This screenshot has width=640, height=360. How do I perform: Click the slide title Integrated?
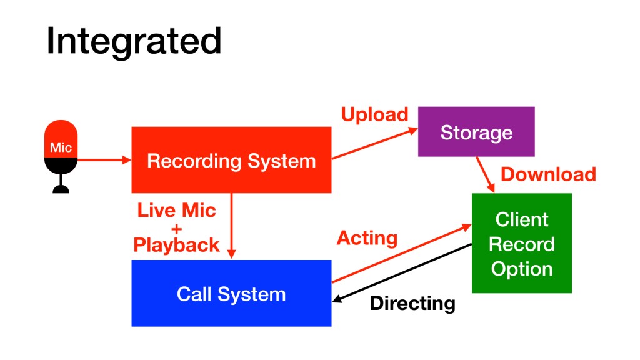[134, 41]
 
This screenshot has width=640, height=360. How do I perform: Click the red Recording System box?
[231, 160]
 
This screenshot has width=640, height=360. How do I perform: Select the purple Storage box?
[476, 132]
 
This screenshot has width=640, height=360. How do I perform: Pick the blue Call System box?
[231, 293]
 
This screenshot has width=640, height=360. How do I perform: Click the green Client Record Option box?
[521, 243]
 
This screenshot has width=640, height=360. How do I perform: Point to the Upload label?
[374, 114]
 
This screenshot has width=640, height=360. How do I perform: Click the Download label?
[548, 174]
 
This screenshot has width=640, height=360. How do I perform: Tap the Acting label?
[367, 237]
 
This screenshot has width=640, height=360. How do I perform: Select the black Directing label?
[412, 304]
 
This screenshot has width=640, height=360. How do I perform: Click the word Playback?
[177, 244]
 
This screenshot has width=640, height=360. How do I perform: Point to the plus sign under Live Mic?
[176, 227]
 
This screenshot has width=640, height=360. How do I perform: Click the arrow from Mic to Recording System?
[103, 160]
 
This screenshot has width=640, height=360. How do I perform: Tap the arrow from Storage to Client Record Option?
[486, 174]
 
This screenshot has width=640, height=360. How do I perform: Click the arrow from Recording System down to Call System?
[232, 225]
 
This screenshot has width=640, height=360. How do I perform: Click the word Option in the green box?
[521, 269]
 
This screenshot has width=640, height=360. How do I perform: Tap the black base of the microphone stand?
[61, 189]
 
